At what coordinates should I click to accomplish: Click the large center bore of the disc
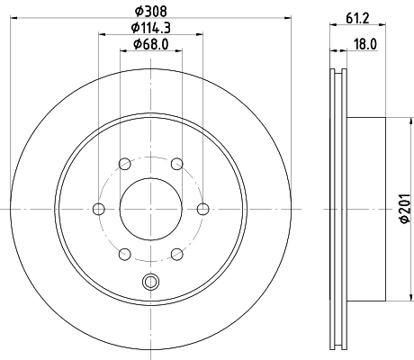coord(150,208)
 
